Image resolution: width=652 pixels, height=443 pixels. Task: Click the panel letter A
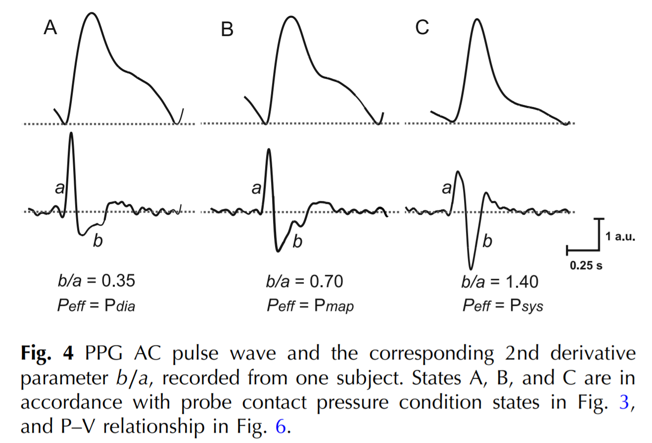coord(50,28)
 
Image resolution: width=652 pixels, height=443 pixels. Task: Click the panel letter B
coord(227,30)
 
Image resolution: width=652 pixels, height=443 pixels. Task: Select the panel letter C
coord(422,28)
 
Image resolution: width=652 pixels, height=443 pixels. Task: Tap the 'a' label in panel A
coord(60,188)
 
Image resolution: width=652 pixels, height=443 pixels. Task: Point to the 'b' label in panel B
coord(297,242)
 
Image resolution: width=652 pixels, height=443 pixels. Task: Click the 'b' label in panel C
coord(487,242)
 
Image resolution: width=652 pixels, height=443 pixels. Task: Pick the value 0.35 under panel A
coord(118,281)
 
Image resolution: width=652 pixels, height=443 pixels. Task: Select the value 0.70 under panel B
coord(326,281)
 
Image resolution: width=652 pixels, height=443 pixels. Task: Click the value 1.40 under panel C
coord(521,281)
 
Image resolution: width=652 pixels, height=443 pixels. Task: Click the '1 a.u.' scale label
coord(620,237)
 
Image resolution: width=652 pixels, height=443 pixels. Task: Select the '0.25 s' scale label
coord(586,265)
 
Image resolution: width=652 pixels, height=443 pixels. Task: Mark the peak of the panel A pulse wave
coord(92,13)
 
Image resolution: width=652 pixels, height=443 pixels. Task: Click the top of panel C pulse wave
coord(476,19)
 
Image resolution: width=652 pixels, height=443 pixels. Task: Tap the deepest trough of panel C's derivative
coord(470,269)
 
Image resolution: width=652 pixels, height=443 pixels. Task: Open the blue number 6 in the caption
coord(280,426)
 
